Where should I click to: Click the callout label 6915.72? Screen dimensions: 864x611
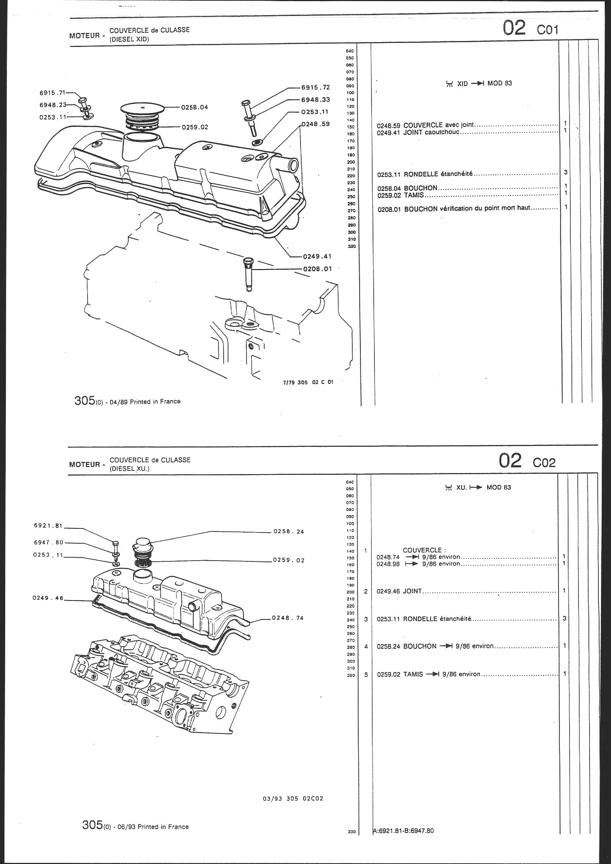coord(315,88)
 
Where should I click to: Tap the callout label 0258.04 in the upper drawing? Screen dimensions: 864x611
coord(195,107)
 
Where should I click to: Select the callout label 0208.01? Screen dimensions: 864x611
coord(317,269)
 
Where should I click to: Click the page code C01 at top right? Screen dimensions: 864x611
coord(548,30)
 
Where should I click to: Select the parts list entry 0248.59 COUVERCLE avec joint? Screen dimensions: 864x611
coord(425,125)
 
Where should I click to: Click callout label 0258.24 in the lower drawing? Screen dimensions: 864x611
coord(289,532)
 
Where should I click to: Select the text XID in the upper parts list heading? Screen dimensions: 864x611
coord(462,84)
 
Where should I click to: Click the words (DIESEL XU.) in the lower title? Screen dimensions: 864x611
coord(129,469)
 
